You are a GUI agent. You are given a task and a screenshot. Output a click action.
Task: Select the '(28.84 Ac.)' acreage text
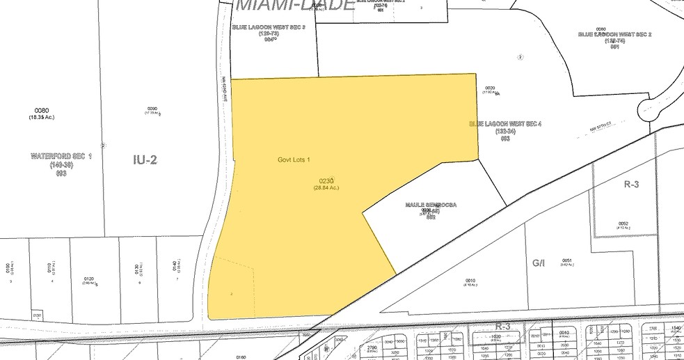[x=326, y=187]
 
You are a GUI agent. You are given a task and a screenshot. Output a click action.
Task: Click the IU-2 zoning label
[x=145, y=160]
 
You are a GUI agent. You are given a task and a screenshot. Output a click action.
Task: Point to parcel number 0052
[x=623, y=224]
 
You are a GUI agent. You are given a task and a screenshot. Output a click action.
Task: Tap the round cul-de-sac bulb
[x=652, y=109]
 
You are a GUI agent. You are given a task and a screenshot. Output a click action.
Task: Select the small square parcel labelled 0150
[x=37, y=315]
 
